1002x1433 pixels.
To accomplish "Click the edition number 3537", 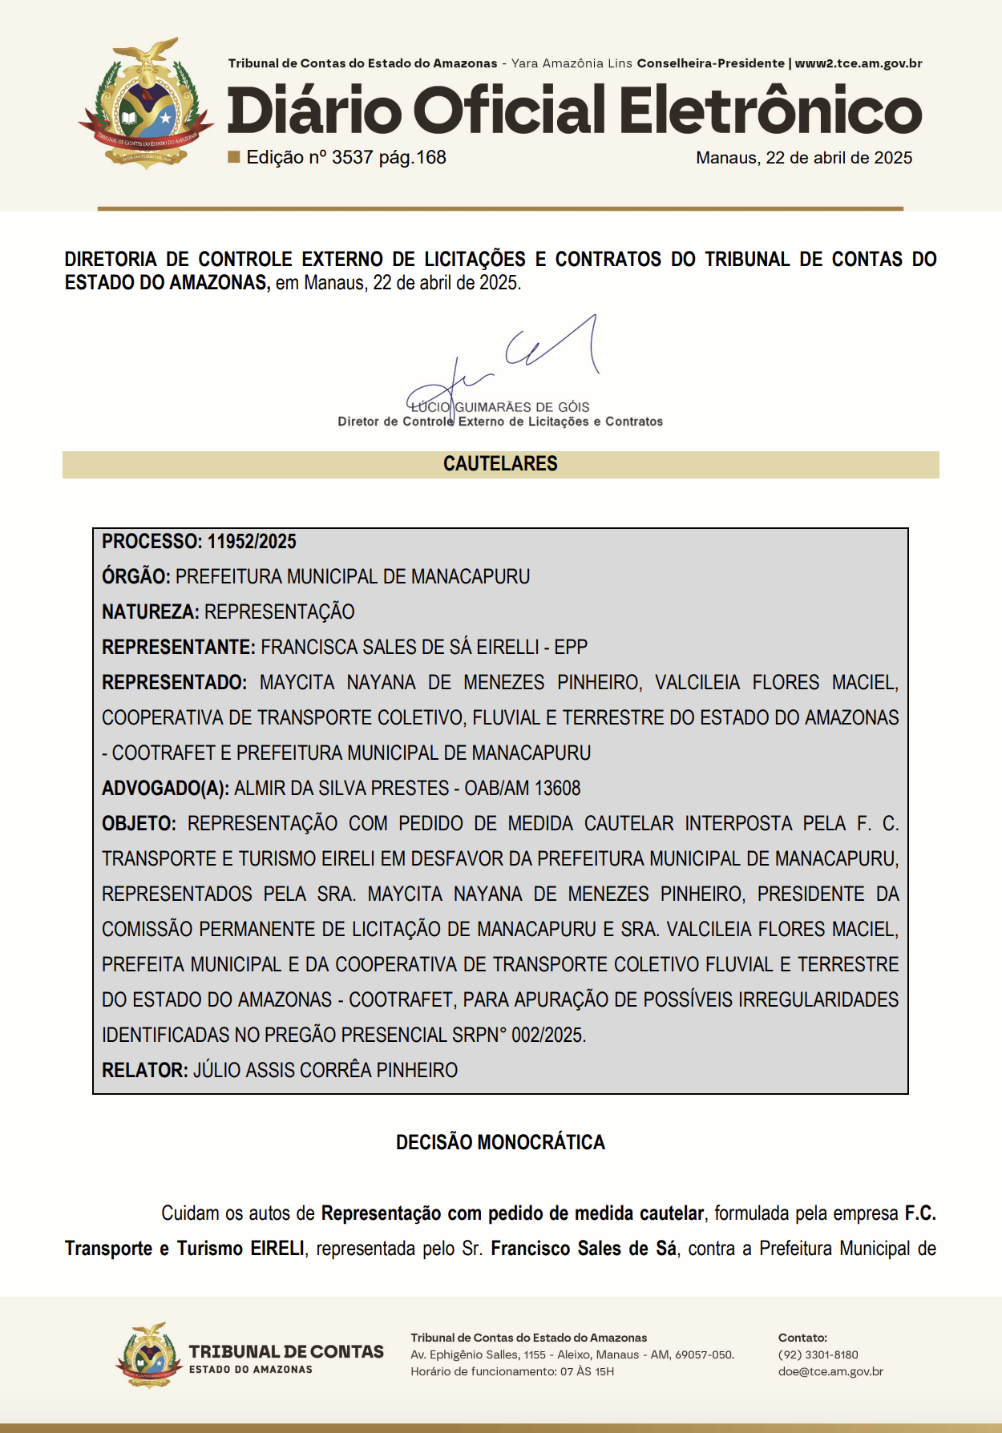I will point(352,157).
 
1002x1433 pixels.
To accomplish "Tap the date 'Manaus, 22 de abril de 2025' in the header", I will point(803,158).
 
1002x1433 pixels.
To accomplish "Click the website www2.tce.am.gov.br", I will point(858,63).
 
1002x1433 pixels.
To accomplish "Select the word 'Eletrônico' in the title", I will point(770,111).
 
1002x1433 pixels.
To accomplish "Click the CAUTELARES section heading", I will point(500,464).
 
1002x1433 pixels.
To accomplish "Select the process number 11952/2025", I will point(252,542).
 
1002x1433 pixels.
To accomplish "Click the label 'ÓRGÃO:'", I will point(135,577).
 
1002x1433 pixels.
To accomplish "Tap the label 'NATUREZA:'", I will point(150,612).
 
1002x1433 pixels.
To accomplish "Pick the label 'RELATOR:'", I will point(144,1071).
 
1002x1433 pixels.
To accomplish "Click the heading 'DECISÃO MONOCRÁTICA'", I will point(500,1142).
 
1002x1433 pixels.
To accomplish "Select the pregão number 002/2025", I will point(548,1035).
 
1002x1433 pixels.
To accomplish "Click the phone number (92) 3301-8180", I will point(818,1354).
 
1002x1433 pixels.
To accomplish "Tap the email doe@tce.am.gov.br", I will point(830,1371).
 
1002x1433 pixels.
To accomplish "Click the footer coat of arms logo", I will point(149,1356).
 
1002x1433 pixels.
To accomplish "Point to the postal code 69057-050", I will point(705,1354).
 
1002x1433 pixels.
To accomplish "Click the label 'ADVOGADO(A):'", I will point(165,789).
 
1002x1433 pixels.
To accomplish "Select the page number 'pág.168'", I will point(412,157).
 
